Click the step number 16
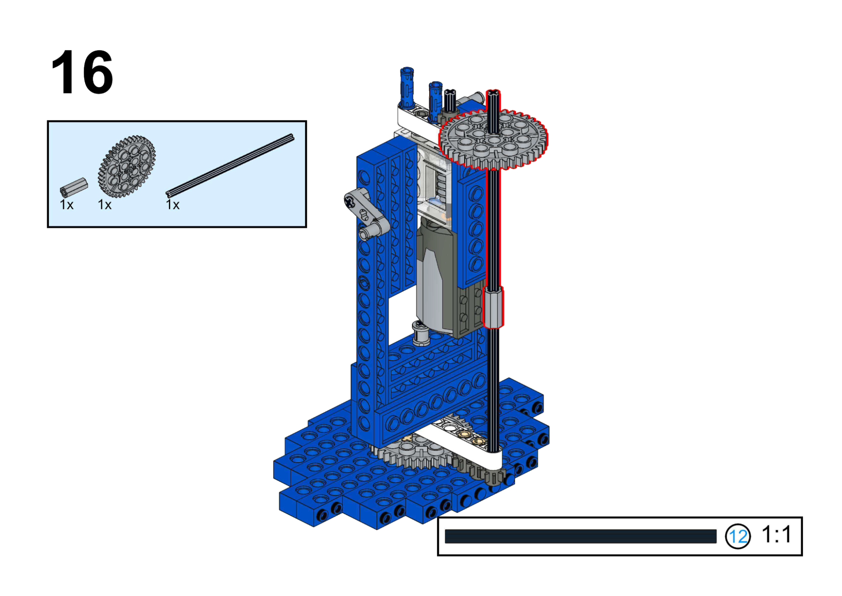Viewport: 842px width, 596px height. coord(82,72)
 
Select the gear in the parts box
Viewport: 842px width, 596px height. coord(127,166)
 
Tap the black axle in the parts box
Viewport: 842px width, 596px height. coord(230,165)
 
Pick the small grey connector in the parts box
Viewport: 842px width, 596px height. coord(74,187)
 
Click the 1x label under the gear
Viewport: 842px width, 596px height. coord(105,205)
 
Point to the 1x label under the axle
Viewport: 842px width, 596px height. coord(173,205)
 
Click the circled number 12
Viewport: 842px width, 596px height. coord(738,536)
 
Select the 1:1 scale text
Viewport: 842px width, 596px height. coord(777,535)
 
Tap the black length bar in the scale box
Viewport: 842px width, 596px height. coord(580,536)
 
